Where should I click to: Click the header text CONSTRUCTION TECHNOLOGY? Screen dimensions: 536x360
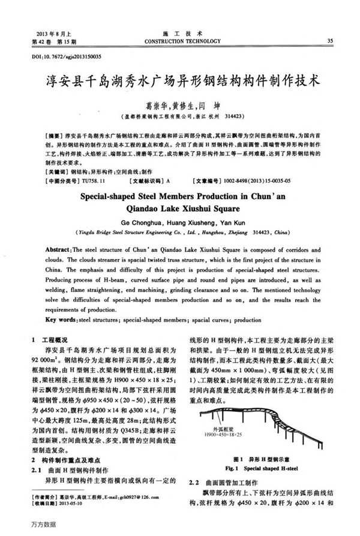click(x=179, y=41)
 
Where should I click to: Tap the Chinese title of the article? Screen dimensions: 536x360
click(x=180, y=79)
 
